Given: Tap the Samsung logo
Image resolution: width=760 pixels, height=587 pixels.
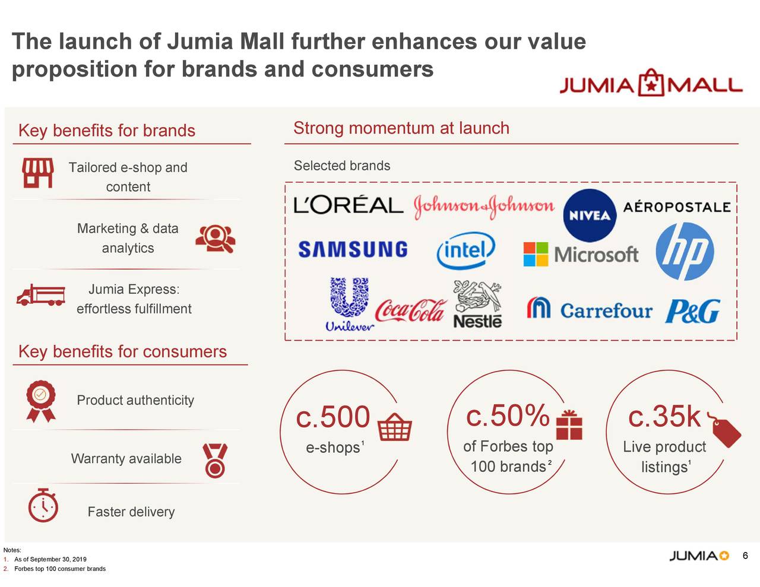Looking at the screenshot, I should click(353, 249).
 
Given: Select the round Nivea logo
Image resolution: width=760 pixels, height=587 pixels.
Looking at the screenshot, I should click(589, 215).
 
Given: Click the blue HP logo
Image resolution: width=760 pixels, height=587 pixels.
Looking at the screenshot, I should click(685, 252).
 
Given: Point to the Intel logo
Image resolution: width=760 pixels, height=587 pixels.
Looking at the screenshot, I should click(465, 251).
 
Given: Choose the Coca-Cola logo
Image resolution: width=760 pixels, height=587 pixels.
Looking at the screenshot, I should click(410, 310).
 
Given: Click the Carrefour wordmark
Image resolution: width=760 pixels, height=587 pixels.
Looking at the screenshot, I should click(606, 310).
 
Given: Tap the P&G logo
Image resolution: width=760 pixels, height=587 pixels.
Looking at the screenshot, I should click(692, 311).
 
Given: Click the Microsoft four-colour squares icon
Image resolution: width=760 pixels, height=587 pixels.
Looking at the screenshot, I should click(536, 254).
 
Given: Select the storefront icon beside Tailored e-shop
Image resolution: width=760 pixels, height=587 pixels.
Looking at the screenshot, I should click(38, 173).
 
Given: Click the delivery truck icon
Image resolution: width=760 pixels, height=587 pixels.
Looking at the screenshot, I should click(40, 295).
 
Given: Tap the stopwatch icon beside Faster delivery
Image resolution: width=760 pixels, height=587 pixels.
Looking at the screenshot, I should click(43, 506).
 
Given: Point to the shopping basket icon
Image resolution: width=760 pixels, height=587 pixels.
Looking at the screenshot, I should click(395, 426).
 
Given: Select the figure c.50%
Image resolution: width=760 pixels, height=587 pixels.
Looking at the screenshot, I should click(508, 415).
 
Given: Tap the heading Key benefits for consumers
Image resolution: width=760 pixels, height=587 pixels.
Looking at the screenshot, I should click(122, 351).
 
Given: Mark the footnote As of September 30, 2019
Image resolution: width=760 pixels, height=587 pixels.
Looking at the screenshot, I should click(50, 559).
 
